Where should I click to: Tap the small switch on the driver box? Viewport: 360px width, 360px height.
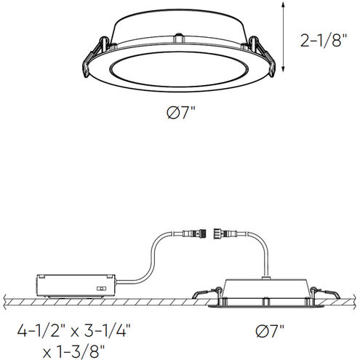tap(100, 289)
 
